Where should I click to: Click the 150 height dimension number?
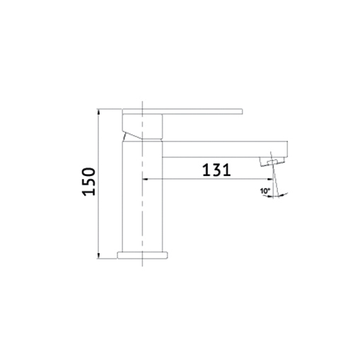pyautogui.click(x=88, y=181)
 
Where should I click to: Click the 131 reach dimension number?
pyautogui.click(x=216, y=170)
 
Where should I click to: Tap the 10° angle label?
pyautogui.click(x=265, y=191)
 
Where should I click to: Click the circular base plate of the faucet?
pyautogui.click(x=143, y=255)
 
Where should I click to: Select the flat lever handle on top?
pyautogui.click(x=182, y=112)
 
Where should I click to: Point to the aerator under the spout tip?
pyautogui.click(x=272, y=162)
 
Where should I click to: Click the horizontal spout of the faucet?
pyautogui.click(x=225, y=149)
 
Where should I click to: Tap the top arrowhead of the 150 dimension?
pyautogui.click(x=98, y=111)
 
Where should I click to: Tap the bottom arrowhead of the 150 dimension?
pyautogui.click(x=98, y=256)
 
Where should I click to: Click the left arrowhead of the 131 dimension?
pyautogui.click(x=145, y=179)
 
